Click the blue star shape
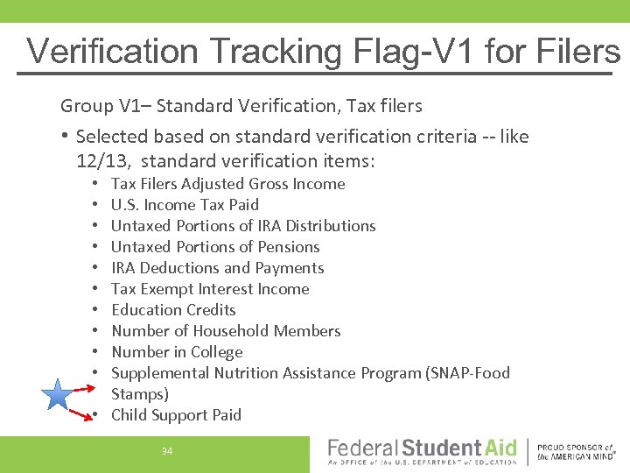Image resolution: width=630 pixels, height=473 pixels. tap(58, 396)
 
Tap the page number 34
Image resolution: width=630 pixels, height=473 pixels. tap(167, 451)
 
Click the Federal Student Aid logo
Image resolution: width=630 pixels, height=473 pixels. tap(422, 451)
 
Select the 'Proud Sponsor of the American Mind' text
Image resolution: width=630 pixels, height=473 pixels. tap(576, 451)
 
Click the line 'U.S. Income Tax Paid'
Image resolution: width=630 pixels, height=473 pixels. tap(185, 205)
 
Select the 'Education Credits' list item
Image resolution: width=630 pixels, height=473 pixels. tap(173, 310)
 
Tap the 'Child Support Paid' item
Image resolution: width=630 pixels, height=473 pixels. tap(176, 415)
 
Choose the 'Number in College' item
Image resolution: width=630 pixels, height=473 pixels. tap(177, 352)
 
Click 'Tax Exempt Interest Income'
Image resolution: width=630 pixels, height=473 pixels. tap(210, 289)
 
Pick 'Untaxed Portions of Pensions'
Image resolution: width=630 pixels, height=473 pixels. tap(215, 247)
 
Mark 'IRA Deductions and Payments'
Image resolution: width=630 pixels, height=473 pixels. tap(217, 268)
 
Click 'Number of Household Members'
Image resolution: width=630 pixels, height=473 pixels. tap(226, 331)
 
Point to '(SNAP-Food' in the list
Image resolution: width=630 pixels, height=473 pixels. tap(467, 373)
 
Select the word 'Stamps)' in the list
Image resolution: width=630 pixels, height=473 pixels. tap(140, 394)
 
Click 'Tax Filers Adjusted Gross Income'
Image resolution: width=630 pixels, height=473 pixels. tap(227, 184)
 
